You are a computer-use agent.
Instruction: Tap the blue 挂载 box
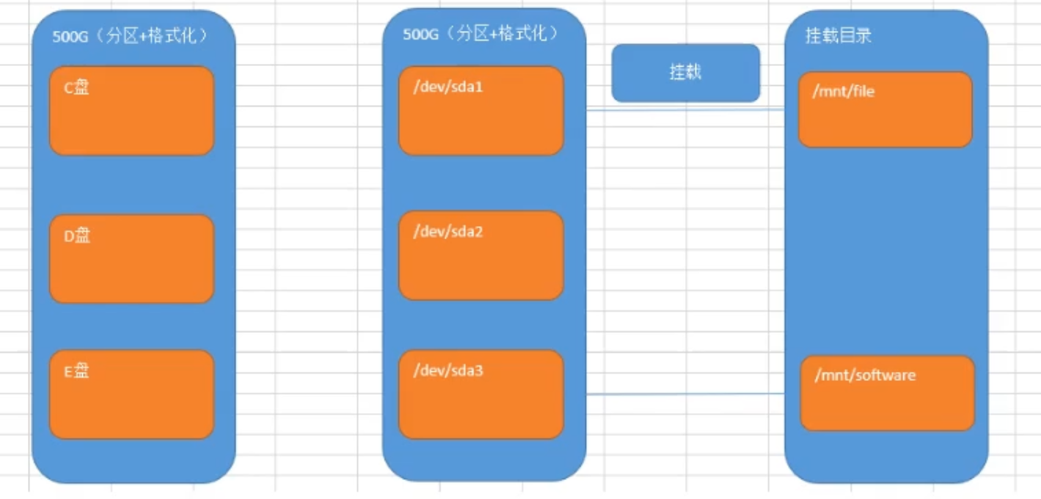pos(686,73)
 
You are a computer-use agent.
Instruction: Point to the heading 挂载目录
pos(839,36)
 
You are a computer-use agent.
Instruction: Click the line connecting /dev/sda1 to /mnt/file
pos(685,111)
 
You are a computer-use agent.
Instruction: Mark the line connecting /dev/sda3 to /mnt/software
pos(685,394)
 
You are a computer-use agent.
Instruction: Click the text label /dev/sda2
pos(448,232)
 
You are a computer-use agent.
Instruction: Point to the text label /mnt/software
pos(865,375)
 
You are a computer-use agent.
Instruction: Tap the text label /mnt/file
pos(844,92)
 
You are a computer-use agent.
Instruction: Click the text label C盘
pos(76,88)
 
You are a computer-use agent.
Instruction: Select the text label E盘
pos(76,371)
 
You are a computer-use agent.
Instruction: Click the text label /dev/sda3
pos(448,371)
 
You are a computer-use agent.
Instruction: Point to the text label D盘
pos(76,236)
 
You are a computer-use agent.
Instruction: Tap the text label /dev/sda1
pos(448,87)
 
